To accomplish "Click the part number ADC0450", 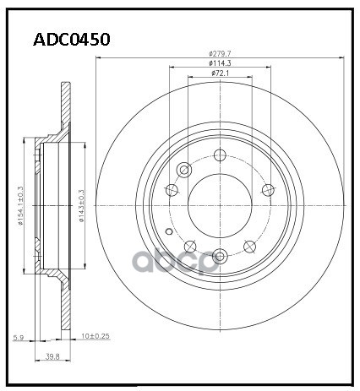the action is point(72,40).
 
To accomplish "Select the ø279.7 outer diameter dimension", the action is point(220,53).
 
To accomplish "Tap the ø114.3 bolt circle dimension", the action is point(220,63).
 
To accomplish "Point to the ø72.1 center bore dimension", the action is point(220,73).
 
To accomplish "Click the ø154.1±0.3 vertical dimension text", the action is point(20,206).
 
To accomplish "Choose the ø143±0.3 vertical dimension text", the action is point(82,206).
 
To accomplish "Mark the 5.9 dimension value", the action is point(19,338).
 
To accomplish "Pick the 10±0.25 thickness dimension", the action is point(95,336).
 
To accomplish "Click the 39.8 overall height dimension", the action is point(52,356).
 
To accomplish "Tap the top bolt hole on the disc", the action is point(220,155).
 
